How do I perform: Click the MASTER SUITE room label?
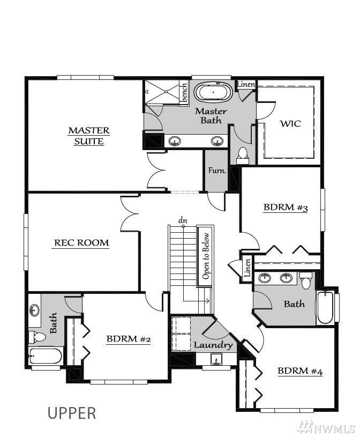pos(89,136)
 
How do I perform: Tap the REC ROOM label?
pos(81,243)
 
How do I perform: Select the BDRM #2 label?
pos(129,339)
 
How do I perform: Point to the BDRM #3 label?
pos(286,208)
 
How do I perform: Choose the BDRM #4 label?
pos(300,371)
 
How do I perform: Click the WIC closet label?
pos(290,123)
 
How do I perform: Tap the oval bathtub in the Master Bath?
pos(213,92)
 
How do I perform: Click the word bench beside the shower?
pos(184,93)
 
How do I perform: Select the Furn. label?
pos(217,170)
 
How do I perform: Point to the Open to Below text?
pos(206,256)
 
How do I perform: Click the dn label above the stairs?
pos(183,220)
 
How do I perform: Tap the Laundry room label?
pos(213,345)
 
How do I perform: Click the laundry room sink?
pos(216,359)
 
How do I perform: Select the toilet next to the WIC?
pos(243,156)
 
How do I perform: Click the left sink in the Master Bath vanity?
pos(175,141)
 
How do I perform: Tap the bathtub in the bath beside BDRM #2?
pos(46,356)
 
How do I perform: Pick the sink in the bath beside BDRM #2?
pos(34,310)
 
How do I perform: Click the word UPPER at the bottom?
pos(72,413)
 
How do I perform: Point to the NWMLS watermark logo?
pos(326,427)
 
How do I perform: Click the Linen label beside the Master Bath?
pos(245,84)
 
